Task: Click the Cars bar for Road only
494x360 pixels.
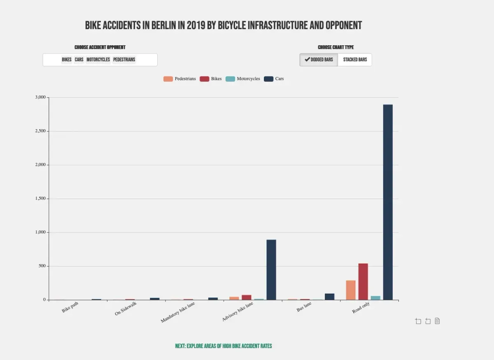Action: (x=388, y=202)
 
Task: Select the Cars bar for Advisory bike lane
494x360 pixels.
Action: (x=271, y=269)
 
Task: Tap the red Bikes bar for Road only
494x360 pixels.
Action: (x=363, y=281)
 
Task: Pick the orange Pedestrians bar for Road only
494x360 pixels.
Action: (x=350, y=290)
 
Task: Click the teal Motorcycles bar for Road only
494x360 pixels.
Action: (x=375, y=297)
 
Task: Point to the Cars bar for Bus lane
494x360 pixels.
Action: (x=329, y=296)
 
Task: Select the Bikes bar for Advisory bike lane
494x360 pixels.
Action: (x=246, y=297)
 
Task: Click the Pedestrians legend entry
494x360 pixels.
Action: (x=180, y=79)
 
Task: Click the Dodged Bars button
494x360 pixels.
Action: (x=319, y=60)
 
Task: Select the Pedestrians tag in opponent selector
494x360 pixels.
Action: (x=124, y=60)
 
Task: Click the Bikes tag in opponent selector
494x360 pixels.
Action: (x=67, y=60)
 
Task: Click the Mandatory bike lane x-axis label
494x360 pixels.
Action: (x=178, y=312)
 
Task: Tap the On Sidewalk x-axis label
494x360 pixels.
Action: (x=126, y=309)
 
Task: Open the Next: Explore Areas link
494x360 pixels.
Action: (x=224, y=346)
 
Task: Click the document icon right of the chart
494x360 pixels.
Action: (x=437, y=321)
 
